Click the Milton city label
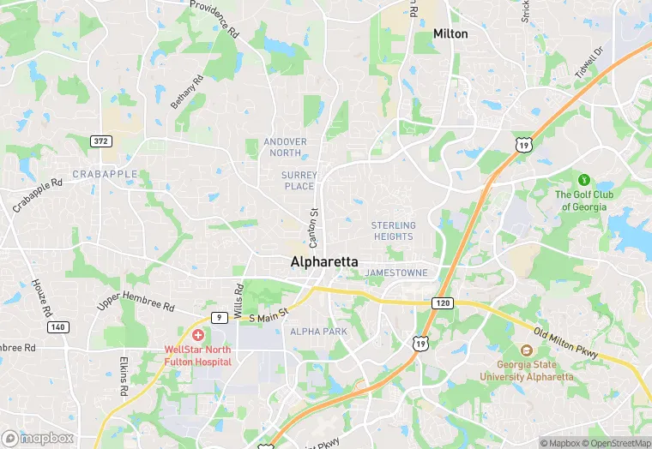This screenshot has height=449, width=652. coord(450,33)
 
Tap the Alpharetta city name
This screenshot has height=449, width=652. coord(324,261)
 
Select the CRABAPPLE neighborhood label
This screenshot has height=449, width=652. coord(105,173)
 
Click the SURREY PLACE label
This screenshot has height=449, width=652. coord(299,180)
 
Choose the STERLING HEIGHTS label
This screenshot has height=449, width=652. coord(393,230)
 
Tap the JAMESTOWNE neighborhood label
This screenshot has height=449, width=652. coord(396,272)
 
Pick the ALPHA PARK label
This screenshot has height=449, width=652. coord(317,331)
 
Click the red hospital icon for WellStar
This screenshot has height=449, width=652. coord(198,335)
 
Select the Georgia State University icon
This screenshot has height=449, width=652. coord(526,350)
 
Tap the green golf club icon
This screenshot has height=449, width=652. coord(583,180)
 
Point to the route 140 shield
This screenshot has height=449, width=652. coord(58,326)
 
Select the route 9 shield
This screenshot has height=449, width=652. coord(220,318)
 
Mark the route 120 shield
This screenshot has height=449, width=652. coord(443,303)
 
